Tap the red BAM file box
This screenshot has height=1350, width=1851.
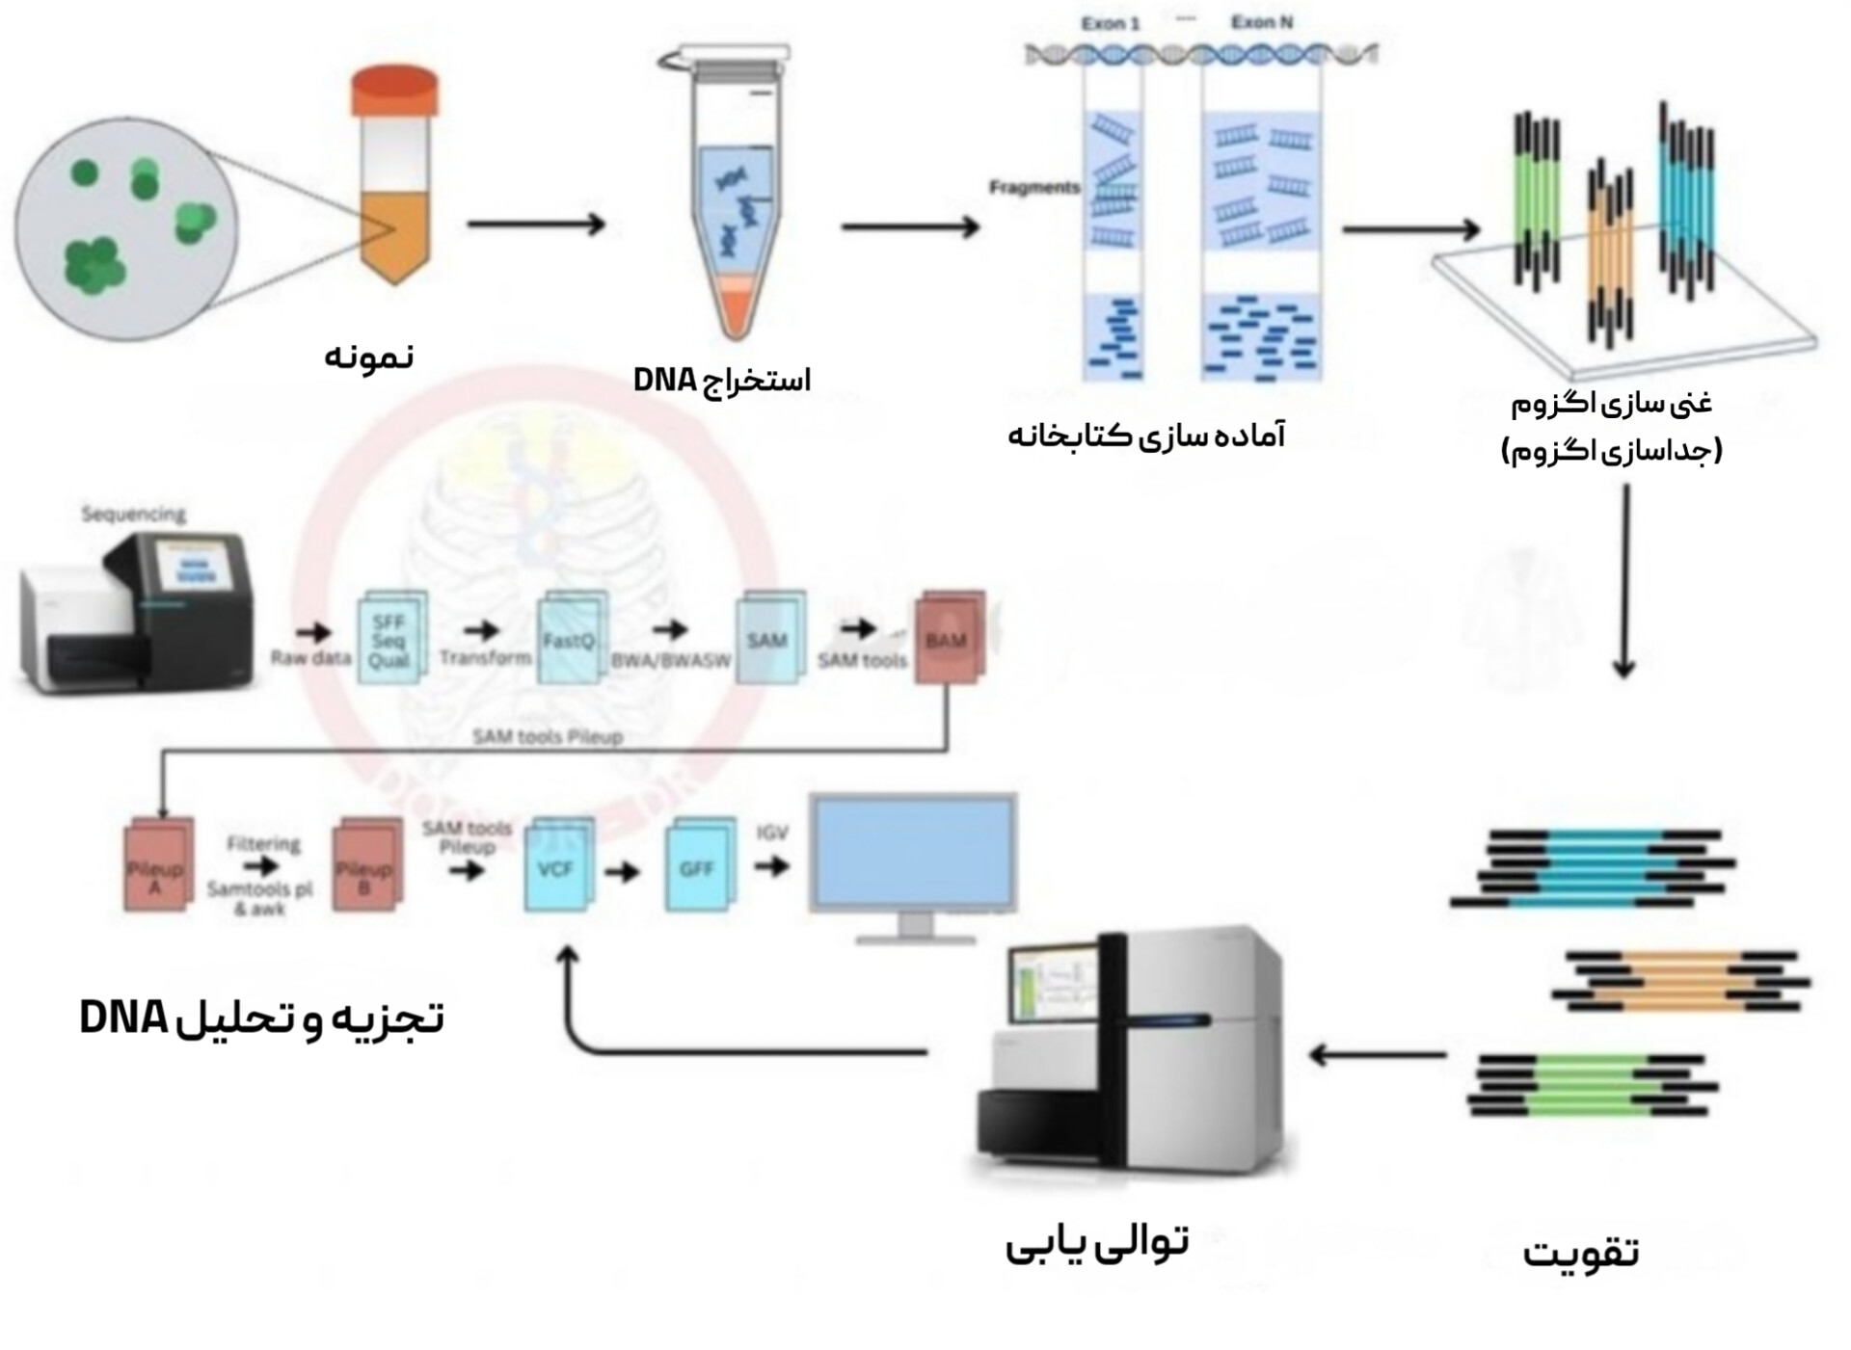coord(948,638)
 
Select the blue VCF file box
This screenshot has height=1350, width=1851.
coord(556,867)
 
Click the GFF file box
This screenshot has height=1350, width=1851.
coord(697,867)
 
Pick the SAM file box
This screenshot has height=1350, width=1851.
coord(768,638)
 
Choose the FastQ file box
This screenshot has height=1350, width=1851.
coord(570,638)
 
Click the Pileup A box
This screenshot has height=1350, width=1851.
coord(157,867)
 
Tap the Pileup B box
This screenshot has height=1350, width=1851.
coord(365,867)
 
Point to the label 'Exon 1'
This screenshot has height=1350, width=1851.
coord(1110,23)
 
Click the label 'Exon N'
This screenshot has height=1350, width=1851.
coord(1261,21)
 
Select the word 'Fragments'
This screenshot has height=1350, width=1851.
coord(1033,187)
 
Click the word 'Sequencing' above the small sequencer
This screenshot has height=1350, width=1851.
coord(133,514)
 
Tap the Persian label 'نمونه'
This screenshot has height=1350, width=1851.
coord(368,357)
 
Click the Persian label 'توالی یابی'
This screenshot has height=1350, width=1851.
coord(1097,1243)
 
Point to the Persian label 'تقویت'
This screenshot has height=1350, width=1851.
coord(1581,1253)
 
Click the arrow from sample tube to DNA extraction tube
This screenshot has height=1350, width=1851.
coord(535,225)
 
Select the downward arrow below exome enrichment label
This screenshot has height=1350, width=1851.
coord(1625,578)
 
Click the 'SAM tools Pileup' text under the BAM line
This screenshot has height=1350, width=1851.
coord(547,737)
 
